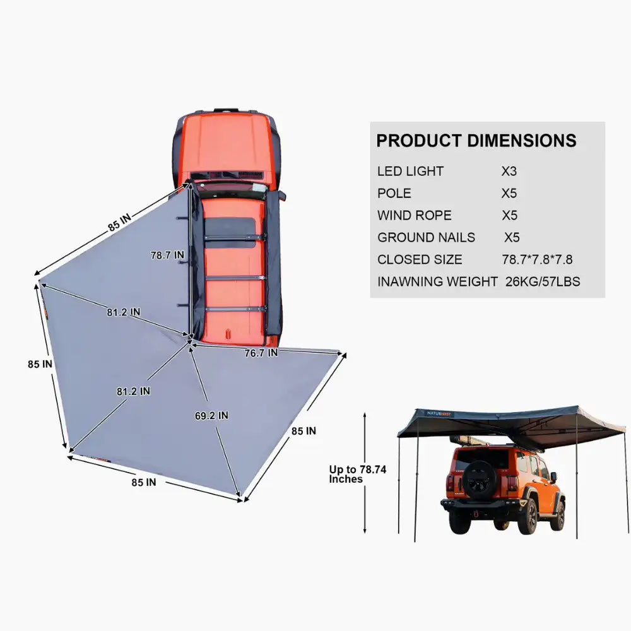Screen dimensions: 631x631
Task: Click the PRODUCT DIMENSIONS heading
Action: [476, 140]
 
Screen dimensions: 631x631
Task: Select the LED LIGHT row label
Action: [410, 171]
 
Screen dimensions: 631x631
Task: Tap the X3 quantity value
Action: [509, 171]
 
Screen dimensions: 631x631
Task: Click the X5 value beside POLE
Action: [509, 193]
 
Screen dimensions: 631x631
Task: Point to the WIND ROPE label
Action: [415, 215]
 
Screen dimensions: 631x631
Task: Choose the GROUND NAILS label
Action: [426, 237]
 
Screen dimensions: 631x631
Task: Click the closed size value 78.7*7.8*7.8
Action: [537, 259]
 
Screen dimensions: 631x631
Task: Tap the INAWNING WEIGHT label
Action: [437, 281]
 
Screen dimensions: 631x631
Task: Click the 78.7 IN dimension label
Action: [167, 255]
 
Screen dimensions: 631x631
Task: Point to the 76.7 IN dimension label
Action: [261, 353]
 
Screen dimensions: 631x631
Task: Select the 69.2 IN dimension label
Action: [211, 416]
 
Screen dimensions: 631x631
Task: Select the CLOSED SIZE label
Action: [420, 259]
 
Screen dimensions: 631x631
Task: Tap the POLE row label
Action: [394, 193]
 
